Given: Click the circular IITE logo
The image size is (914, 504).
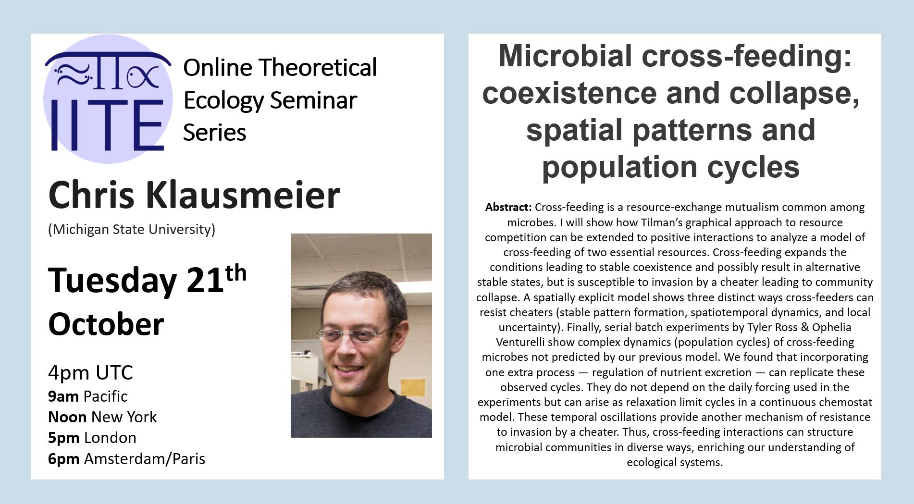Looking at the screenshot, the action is (108, 99).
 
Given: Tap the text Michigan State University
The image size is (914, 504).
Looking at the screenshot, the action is (132, 230).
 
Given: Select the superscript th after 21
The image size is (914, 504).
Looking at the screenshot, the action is (236, 273).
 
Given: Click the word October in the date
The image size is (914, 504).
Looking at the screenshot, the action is (106, 324).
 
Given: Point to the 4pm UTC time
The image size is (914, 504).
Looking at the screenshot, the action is (90, 373).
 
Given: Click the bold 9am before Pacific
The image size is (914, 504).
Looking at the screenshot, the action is (63, 397).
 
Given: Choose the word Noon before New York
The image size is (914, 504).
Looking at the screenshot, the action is (67, 417).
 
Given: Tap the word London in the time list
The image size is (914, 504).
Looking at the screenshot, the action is (110, 438).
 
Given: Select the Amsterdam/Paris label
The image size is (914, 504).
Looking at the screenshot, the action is (145, 459).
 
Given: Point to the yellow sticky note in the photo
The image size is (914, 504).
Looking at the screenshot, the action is (413, 388).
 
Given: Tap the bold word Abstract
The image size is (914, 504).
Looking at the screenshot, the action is (508, 207).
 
